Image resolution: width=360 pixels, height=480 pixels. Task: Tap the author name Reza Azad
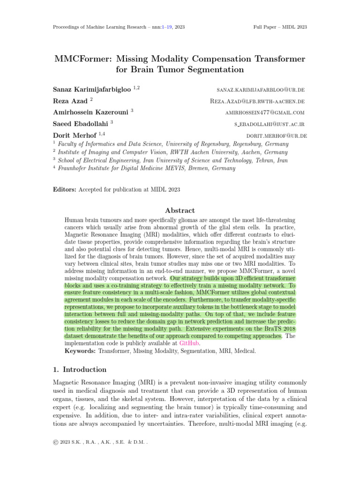click(72, 101)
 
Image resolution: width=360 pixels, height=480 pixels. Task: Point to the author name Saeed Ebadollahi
click(81, 124)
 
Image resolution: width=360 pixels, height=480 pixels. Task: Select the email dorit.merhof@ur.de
click(276, 136)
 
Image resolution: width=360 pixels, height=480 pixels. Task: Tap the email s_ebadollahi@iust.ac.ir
click(270, 124)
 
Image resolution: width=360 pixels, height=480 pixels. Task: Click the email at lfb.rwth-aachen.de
click(258, 101)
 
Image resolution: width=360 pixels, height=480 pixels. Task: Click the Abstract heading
click(180, 210)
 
